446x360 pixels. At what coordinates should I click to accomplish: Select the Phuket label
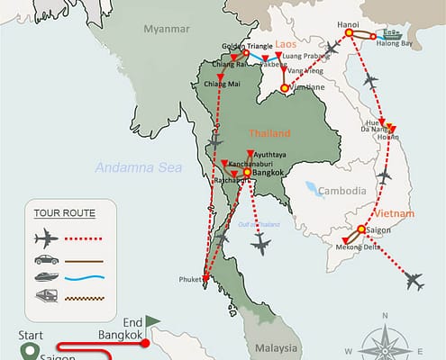tap(190, 279)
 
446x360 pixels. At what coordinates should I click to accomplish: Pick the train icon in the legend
tap(46, 294)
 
